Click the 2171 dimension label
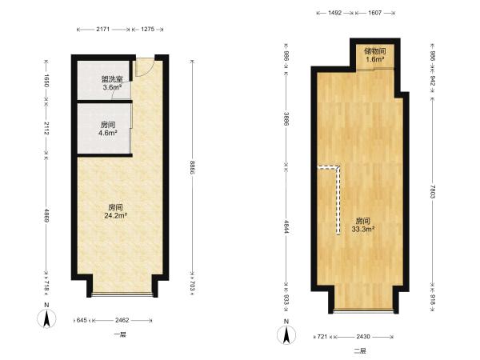(x=103, y=30)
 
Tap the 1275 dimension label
(x=147, y=30)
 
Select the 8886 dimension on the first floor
(x=192, y=168)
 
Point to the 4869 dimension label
(x=46, y=216)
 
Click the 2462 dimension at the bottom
(x=122, y=320)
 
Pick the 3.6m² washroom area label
(x=112, y=87)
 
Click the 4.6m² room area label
(x=108, y=133)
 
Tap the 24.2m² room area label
(x=116, y=215)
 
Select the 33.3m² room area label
(x=363, y=229)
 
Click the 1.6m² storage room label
(x=375, y=59)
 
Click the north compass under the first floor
(x=46, y=318)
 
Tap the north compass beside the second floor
(x=286, y=334)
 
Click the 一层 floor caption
(x=120, y=334)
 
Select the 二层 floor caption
(x=360, y=351)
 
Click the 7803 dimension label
(x=432, y=192)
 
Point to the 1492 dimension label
(x=334, y=13)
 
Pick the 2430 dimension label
(x=363, y=337)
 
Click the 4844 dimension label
(x=286, y=227)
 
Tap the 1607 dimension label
(x=375, y=13)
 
